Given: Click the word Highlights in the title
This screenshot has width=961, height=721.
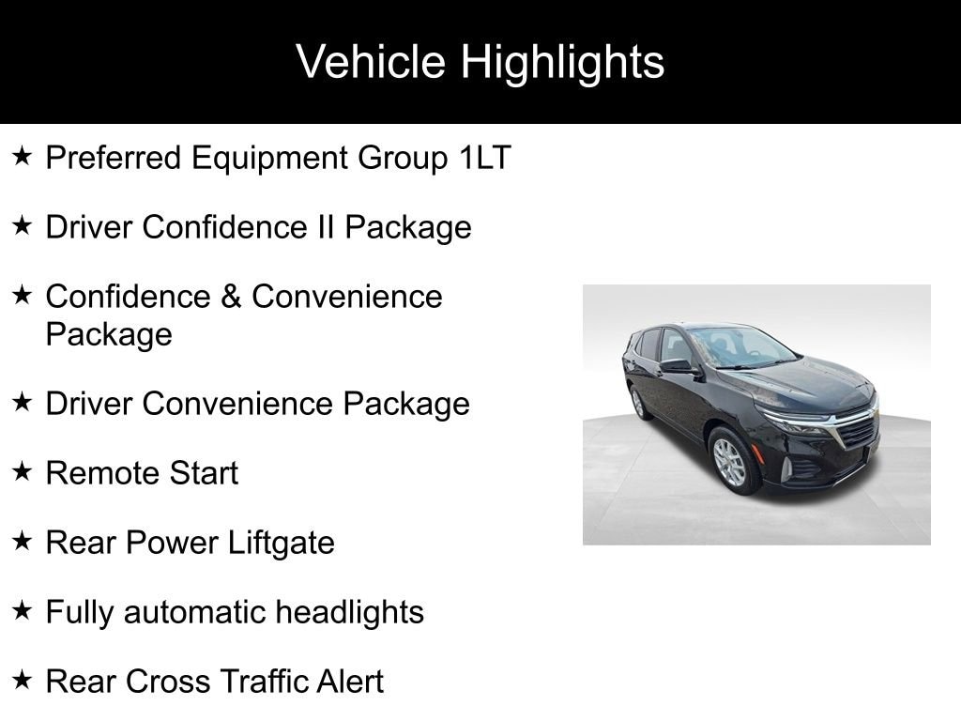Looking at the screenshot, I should (x=562, y=63).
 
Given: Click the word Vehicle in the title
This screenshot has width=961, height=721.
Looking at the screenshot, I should (x=371, y=62).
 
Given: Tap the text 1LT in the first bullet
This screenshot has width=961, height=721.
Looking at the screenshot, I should (x=484, y=158).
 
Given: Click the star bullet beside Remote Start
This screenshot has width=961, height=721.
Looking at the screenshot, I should (x=23, y=472).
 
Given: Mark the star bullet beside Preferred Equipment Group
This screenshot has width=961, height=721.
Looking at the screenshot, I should (x=23, y=157).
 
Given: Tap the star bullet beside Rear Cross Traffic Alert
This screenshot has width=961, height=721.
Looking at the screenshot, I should (x=23, y=681).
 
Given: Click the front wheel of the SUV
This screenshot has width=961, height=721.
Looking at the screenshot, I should (x=731, y=460).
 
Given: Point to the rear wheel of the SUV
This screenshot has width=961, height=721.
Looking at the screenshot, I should (x=638, y=403).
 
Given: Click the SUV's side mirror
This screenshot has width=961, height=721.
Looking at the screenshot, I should (x=678, y=366).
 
